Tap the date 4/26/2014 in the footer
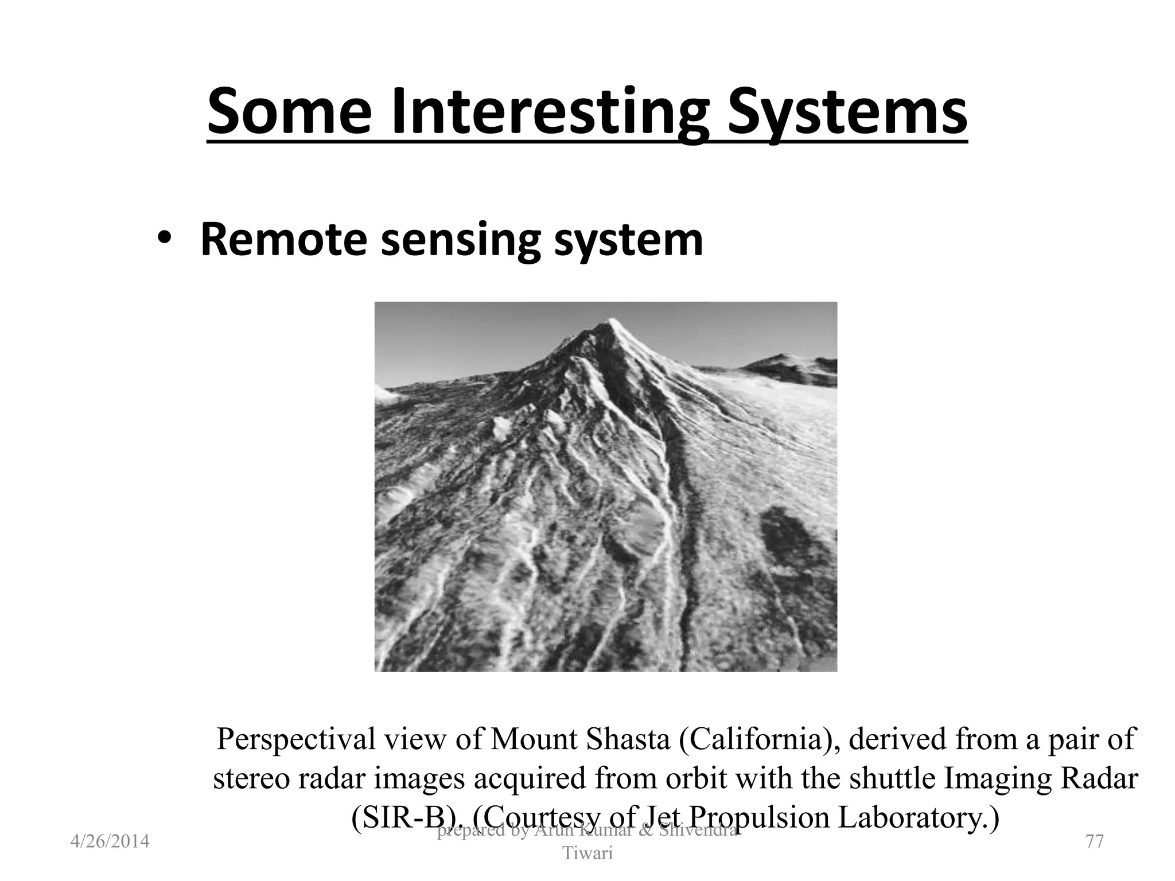(110, 841)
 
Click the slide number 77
(1095, 841)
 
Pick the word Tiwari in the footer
(587, 853)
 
